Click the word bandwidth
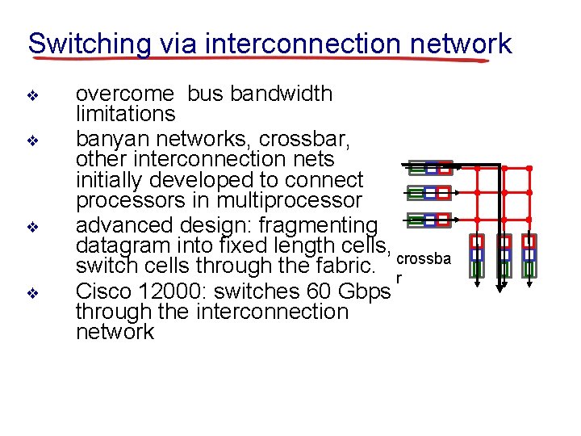(x=282, y=94)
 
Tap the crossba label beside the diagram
(x=424, y=258)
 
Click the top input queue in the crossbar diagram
(x=428, y=168)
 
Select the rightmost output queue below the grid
(x=529, y=254)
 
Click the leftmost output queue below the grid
(x=477, y=254)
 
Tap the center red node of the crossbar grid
(x=503, y=194)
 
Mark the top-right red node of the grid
(x=529, y=168)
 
